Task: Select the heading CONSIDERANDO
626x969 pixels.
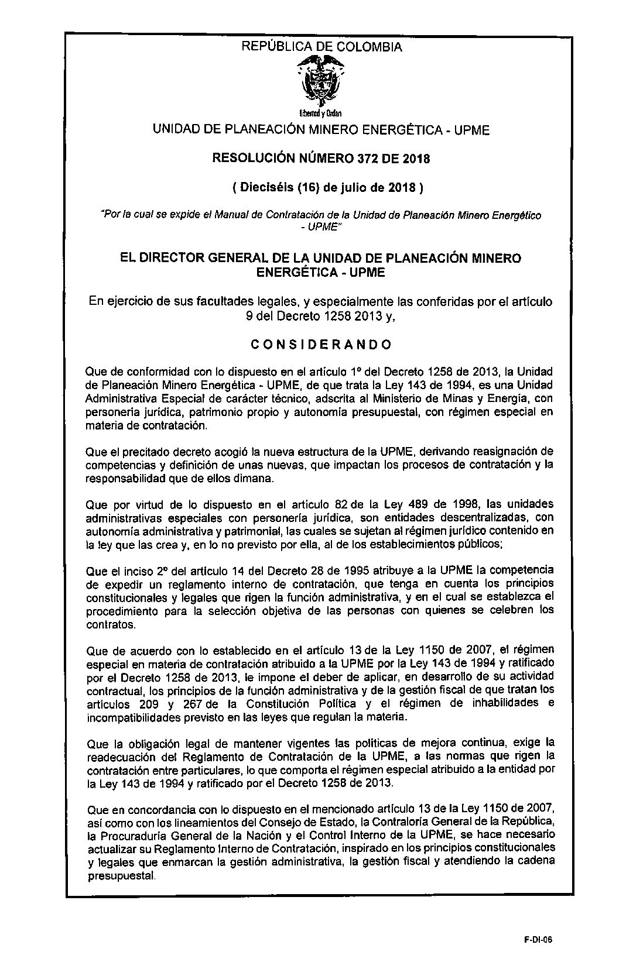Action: (321, 344)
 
